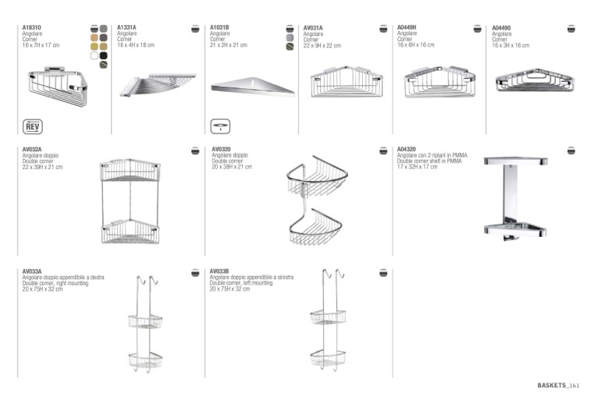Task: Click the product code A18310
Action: click(x=32, y=27)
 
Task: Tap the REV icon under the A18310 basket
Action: click(x=33, y=127)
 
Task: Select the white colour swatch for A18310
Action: click(x=94, y=55)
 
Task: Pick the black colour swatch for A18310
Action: click(x=103, y=55)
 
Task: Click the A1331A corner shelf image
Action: click(x=158, y=85)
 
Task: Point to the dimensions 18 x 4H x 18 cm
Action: click(x=136, y=45)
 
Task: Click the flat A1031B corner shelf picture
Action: click(x=253, y=86)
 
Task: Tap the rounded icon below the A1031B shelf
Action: click(x=220, y=126)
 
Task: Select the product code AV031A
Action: click(x=313, y=28)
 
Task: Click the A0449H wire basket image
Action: click(x=440, y=81)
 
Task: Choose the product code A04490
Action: click(x=501, y=28)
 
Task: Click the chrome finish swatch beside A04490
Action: click(x=571, y=29)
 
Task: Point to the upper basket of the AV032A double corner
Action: click(x=130, y=169)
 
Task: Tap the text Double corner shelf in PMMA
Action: click(x=429, y=161)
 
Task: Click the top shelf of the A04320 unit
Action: click(x=515, y=161)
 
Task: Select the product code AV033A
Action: click(x=32, y=271)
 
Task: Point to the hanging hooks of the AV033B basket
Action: click(x=333, y=274)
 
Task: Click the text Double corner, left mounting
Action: click(x=241, y=283)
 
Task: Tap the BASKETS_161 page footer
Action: click(x=558, y=385)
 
